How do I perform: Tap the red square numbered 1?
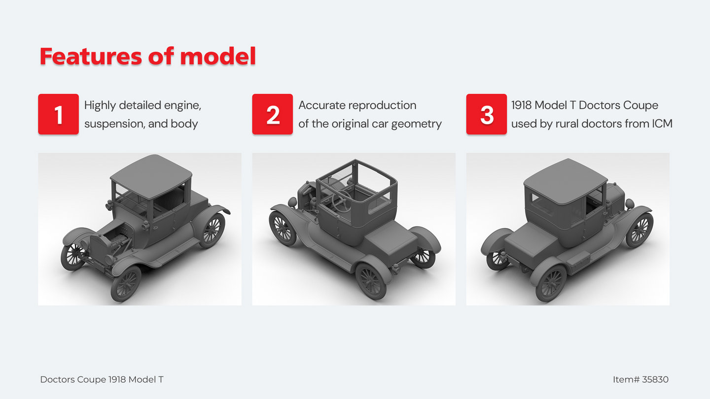pos(58,114)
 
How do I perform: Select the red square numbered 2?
pos(272,114)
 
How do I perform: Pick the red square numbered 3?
pos(486,114)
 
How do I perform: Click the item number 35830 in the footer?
pos(655,379)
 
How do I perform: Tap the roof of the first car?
pos(151,176)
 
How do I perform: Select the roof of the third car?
pos(565,180)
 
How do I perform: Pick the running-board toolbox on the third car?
pos(578,259)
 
